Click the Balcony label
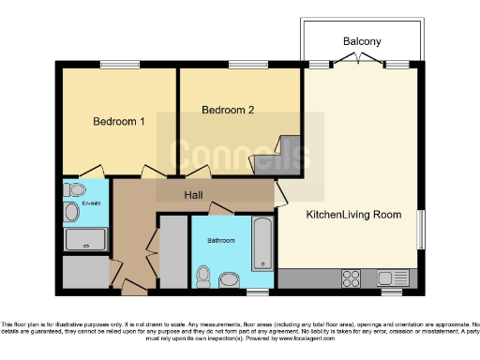point(361,42)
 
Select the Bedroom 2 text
point(228,110)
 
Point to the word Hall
point(194,195)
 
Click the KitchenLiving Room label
point(353,215)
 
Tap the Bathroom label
point(221,241)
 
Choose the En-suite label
point(92,202)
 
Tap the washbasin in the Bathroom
point(229,278)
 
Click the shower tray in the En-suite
point(86,239)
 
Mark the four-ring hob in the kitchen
point(352,277)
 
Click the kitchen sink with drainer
point(393,277)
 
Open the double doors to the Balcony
point(360,63)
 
